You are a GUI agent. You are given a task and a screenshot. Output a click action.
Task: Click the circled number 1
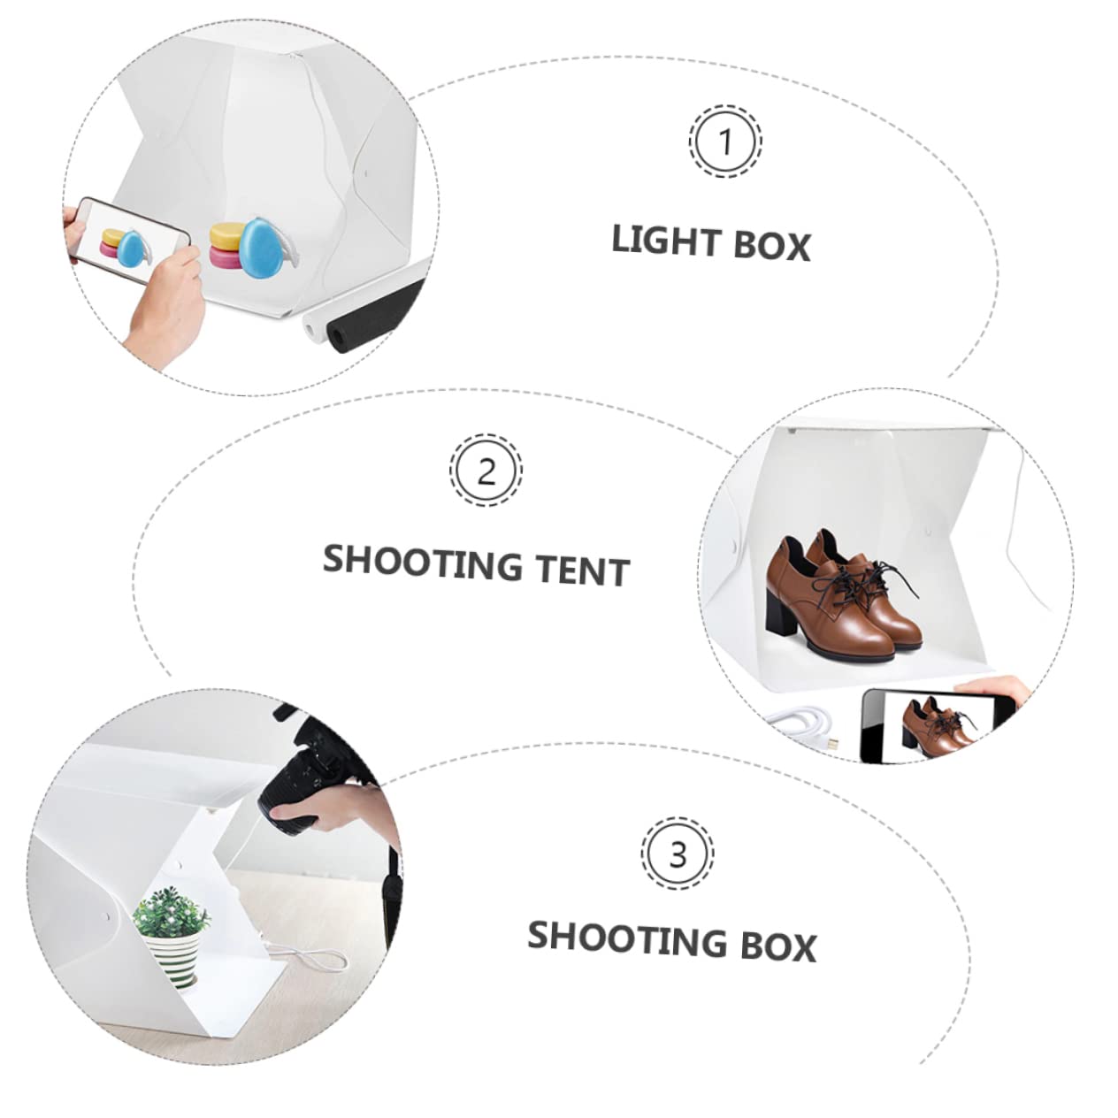pyautogui.click(x=725, y=142)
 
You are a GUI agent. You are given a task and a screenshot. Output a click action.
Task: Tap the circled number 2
pyautogui.click(x=486, y=471)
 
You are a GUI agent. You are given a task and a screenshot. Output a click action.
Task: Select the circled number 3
pyautogui.click(x=678, y=855)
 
